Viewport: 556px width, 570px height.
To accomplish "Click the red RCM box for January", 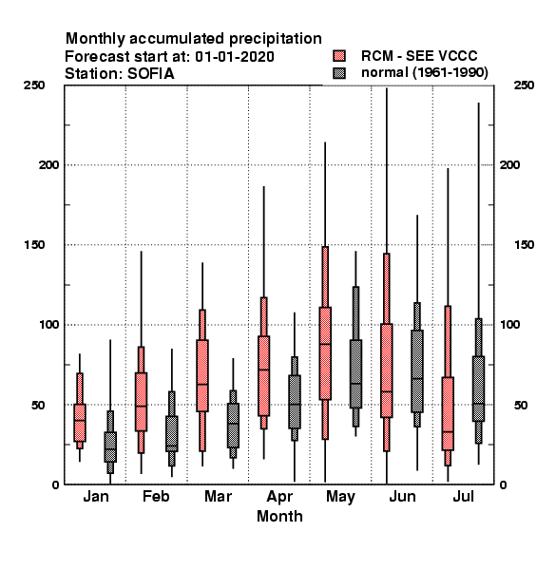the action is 80,423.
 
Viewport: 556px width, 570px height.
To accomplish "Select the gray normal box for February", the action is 172,434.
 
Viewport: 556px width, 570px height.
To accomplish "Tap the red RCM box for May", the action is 325,353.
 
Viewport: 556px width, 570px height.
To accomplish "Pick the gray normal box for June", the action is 417,371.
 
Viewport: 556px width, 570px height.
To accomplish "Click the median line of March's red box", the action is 202,384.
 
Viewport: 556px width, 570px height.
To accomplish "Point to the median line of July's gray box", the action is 479,404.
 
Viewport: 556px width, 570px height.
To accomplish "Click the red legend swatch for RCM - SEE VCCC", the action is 339,56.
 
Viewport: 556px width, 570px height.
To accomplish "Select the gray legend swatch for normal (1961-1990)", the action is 339,73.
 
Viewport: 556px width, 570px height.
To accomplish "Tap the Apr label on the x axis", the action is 279,497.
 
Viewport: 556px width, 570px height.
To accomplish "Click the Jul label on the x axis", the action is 463,496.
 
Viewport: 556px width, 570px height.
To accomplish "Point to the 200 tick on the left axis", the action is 49,164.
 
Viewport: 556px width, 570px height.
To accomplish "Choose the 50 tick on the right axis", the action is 521,405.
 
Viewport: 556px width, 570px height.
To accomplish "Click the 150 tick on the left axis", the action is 34,245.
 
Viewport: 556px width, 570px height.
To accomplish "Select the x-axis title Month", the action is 279,516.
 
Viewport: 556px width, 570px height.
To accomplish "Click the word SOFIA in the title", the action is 150,74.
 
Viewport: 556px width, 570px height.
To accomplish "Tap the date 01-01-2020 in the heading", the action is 235,56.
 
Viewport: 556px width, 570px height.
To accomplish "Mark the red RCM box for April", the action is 263,376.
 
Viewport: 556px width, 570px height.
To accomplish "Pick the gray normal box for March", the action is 233,426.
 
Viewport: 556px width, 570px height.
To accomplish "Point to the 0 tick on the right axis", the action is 503,484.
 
